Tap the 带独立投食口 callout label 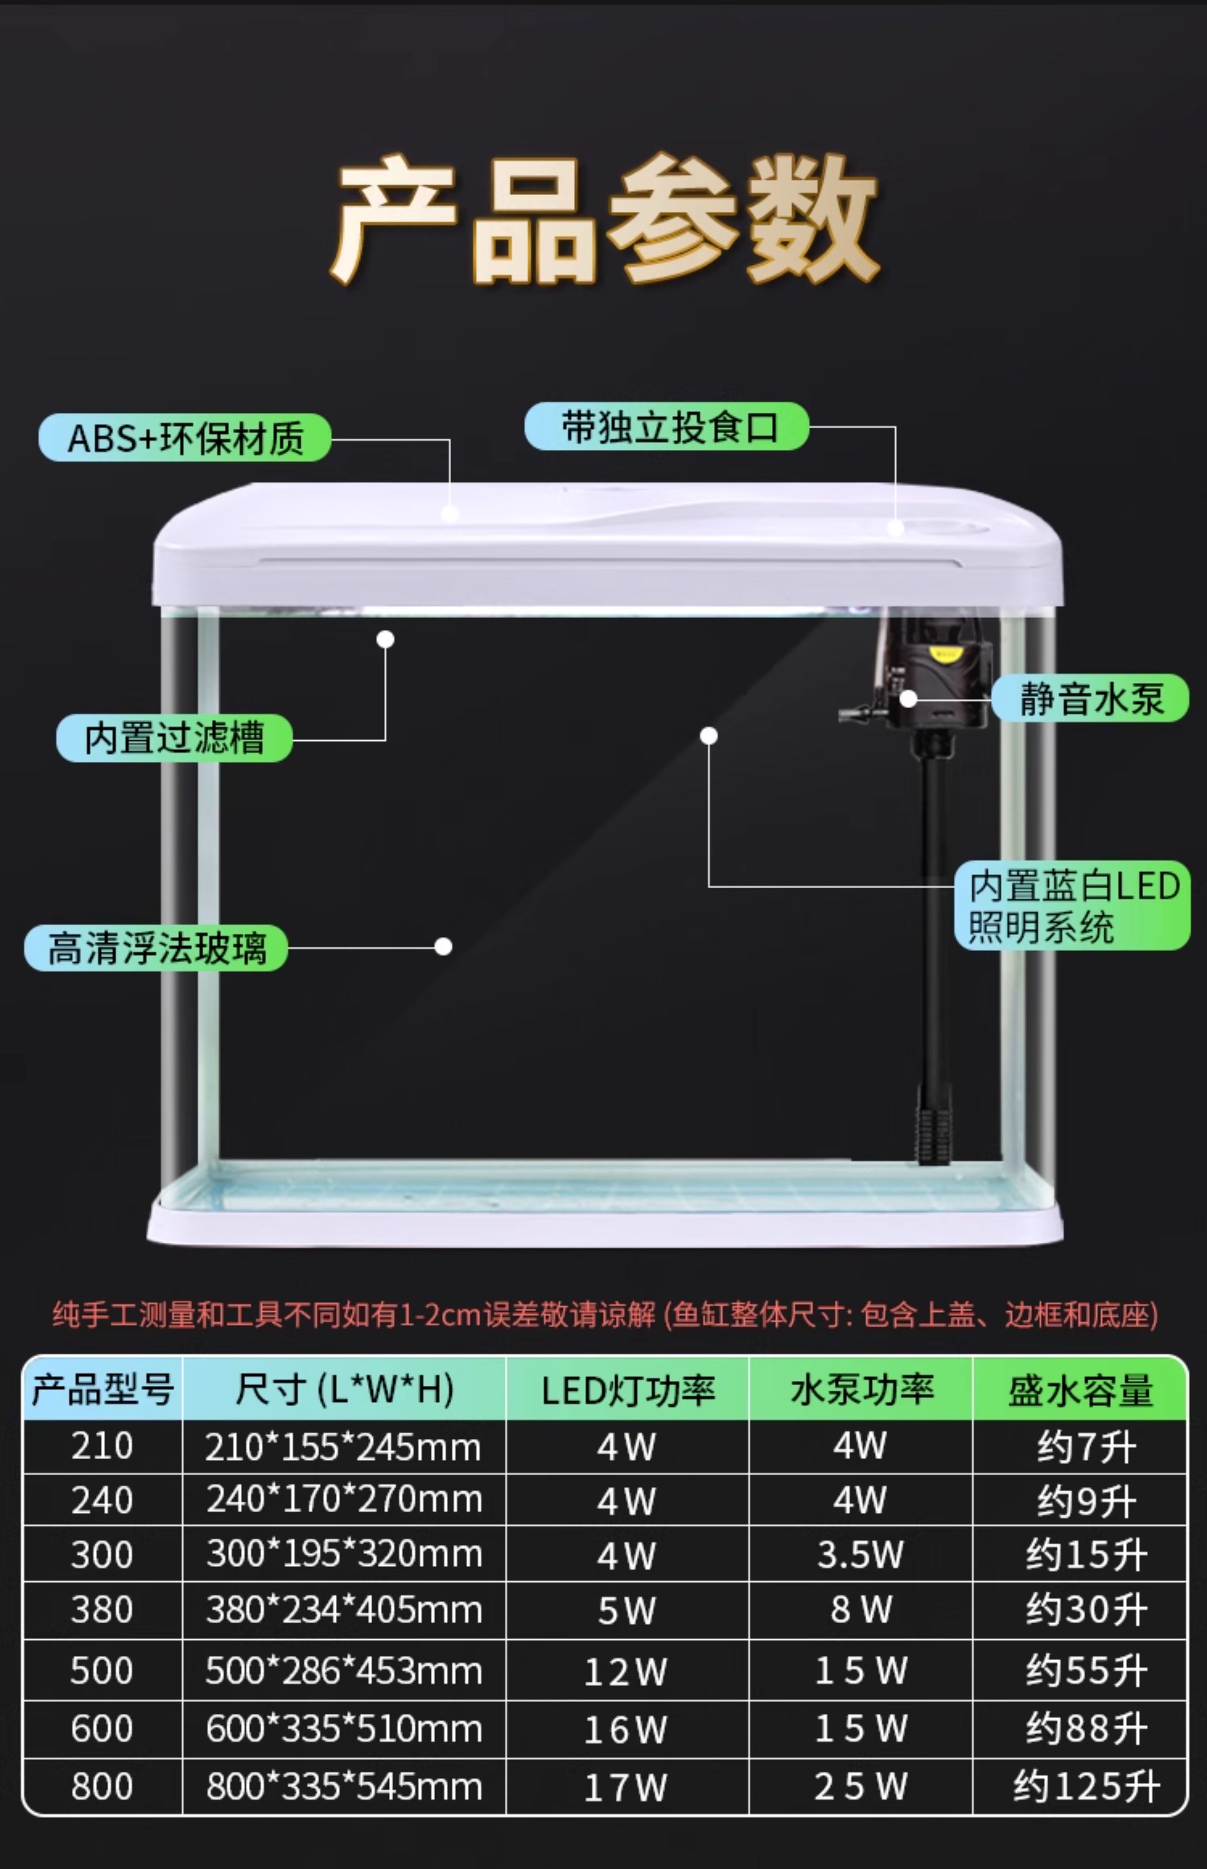[666, 427]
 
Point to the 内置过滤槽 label [174, 738]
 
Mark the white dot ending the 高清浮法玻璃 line [443, 947]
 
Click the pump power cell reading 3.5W [860, 1555]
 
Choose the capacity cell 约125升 [1085, 1787]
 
